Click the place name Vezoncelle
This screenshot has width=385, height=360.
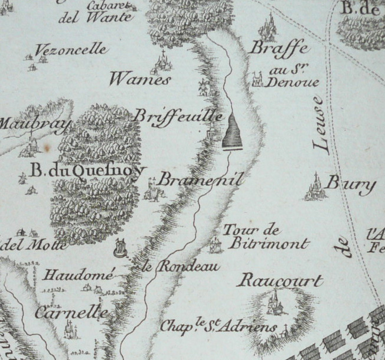pos(71,50)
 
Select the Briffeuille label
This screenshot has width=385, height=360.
pos(178,115)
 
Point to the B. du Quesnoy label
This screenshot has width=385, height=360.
pos(87,171)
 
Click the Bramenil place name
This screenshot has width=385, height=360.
pos(201,179)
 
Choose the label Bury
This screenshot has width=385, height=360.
pos(351,185)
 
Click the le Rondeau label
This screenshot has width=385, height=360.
pos(181,267)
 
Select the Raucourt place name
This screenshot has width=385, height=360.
pos(279,281)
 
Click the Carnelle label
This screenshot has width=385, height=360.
pos(71,312)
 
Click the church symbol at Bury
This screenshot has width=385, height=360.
pos(315,187)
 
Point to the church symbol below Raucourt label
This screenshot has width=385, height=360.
pos(273,303)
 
